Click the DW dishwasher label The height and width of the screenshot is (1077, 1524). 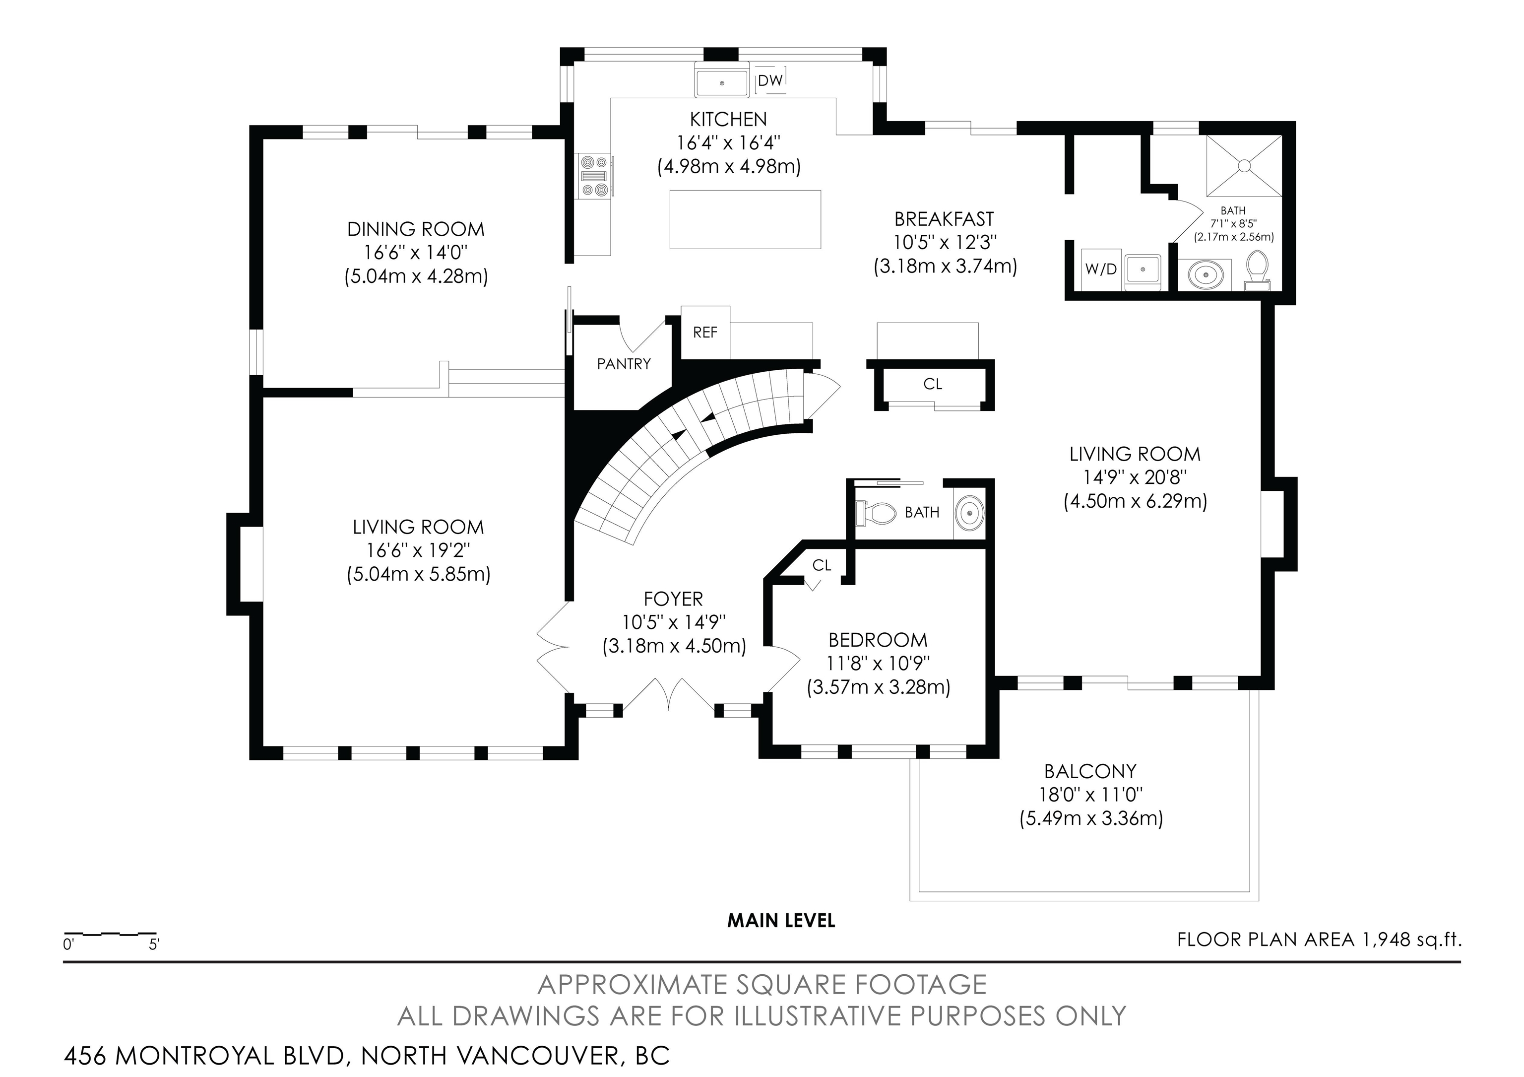[x=770, y=80]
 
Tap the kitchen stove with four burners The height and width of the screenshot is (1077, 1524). [x=595, y=177]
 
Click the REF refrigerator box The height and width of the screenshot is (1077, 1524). [x=705, y=332]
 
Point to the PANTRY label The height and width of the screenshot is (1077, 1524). [x=623, y=364]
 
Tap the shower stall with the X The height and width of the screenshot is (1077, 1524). [x=1244, y=165]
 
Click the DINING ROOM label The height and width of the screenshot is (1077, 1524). [x=416, y=230]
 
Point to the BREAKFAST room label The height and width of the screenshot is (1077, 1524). [x=944, y=219]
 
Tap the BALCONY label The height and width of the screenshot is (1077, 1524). [x=1090, y=772]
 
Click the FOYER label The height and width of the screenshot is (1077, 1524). [x=673, y=600]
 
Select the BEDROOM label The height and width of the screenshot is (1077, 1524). [x=878, y=640]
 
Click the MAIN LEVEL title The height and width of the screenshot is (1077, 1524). [x=781, y=920]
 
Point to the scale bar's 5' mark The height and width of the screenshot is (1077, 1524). [x=154, y=944]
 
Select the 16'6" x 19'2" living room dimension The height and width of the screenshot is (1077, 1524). [x=418, y=550]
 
